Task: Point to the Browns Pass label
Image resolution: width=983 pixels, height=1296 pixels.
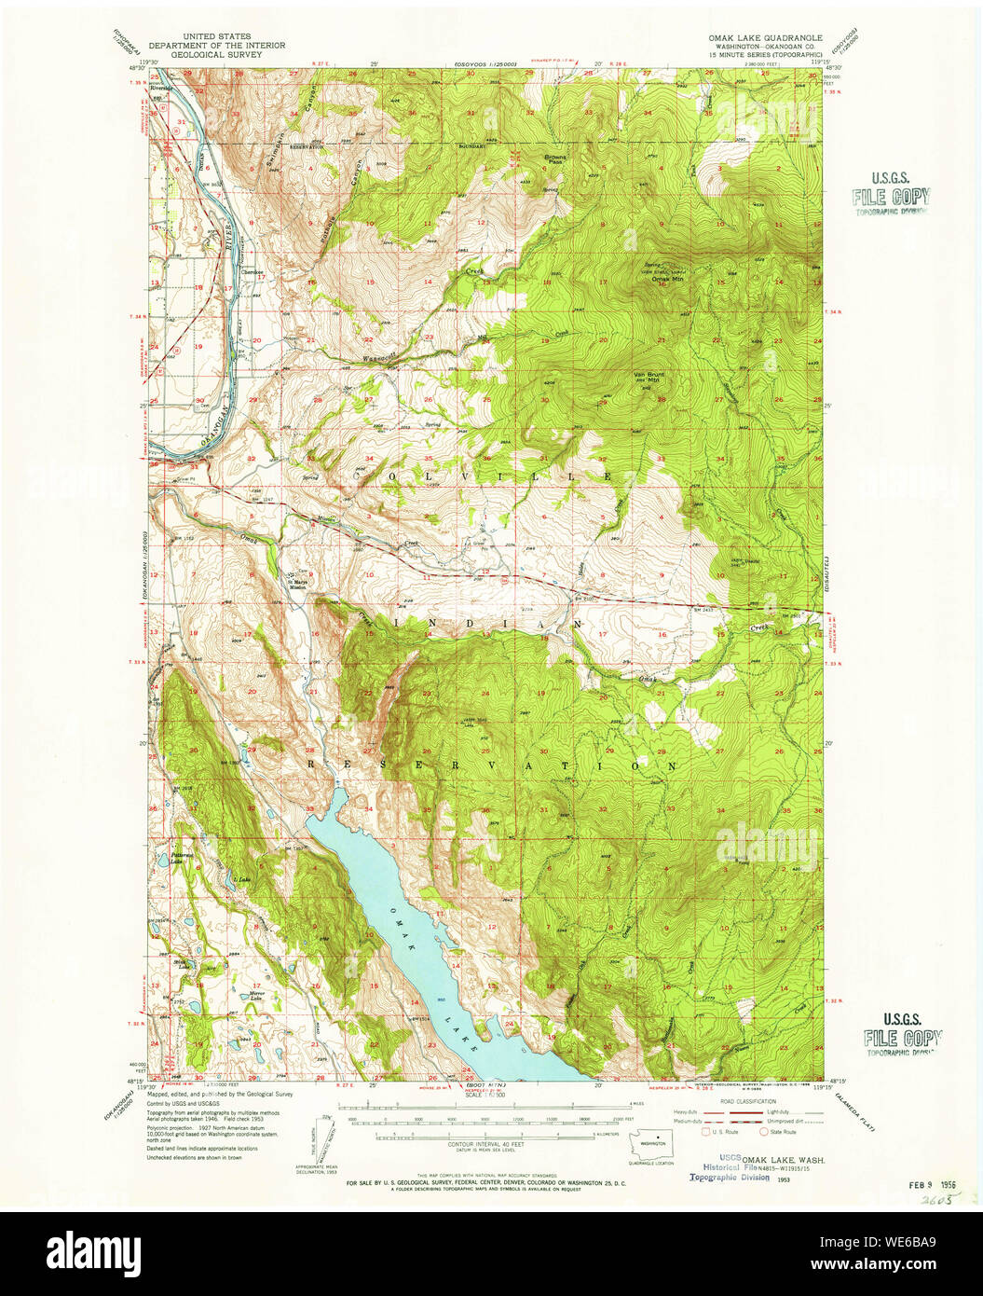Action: coord(555,158)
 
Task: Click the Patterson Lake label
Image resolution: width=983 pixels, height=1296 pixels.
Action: coord(182,858)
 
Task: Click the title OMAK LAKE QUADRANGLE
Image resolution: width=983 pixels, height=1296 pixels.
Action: coord(764,36)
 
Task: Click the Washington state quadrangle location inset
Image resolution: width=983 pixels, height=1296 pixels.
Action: coord(652,1142)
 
